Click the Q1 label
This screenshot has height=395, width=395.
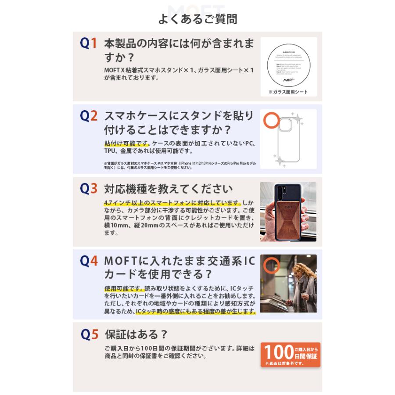click(x=88, y=43)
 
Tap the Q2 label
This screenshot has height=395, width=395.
click(x=88, y=116)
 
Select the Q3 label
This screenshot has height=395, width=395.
click(x=88, y=188)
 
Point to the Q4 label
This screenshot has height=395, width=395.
click(x=88, y=261)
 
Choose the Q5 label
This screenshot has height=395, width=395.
click(x=88, y=334)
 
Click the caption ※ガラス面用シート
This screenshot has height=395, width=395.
click(x=288, y=92)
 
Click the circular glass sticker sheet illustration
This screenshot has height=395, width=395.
click(x=288, y=63)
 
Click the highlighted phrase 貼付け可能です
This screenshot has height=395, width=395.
click(x=127, y=143)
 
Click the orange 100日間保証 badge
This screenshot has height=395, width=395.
click(x=290, y=354)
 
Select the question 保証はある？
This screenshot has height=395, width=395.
click(x=136, y=335)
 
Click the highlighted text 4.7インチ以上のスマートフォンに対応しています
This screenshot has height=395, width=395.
click(x=172, y=203)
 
